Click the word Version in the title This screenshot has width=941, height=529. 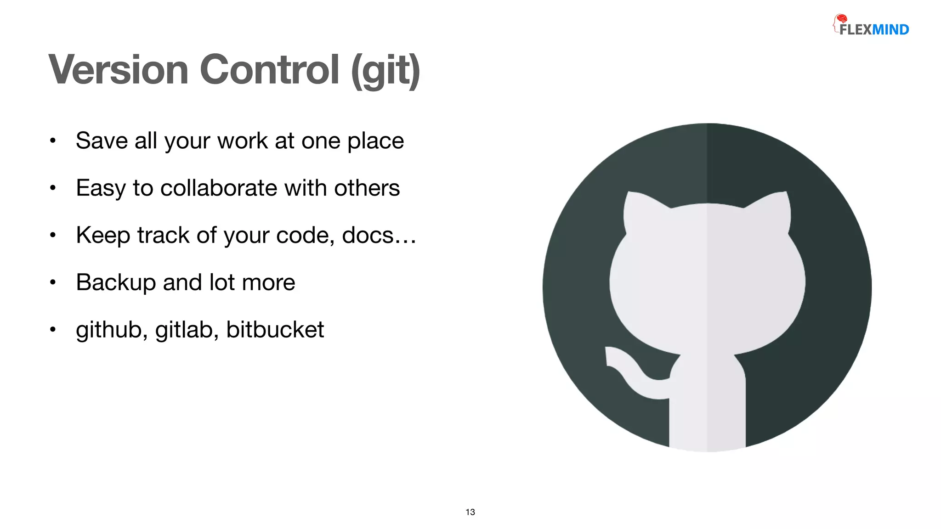(x=119, y=70)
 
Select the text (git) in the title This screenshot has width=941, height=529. (x=385, y=71)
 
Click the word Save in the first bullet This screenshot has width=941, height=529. (x=102, y=141)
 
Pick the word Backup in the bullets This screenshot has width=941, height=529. (x=116, y=282)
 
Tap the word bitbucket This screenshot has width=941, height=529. (x=275, y=330)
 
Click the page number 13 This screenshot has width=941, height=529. (x=470, y=512)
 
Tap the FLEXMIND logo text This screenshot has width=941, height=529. (x=874, y=30)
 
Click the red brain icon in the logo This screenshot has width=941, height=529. (x=841, y=19)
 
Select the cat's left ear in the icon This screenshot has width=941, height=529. (x=641, y=207)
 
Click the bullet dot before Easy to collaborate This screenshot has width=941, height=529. (x=53, y=188)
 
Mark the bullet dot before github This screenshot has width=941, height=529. (x=53, y=330)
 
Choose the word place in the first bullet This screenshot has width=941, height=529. (x=375, y=141)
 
